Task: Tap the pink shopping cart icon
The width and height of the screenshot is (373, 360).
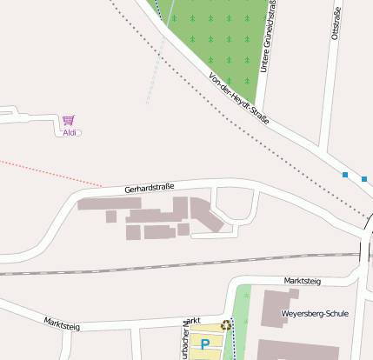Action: [68, 121]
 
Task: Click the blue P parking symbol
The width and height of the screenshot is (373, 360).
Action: [205, 344]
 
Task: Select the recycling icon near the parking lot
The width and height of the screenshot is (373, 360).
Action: [226, 325]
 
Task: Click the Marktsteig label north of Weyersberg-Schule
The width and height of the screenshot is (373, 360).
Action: [303, 281]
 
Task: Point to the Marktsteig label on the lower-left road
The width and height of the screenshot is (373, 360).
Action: [62, 324]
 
